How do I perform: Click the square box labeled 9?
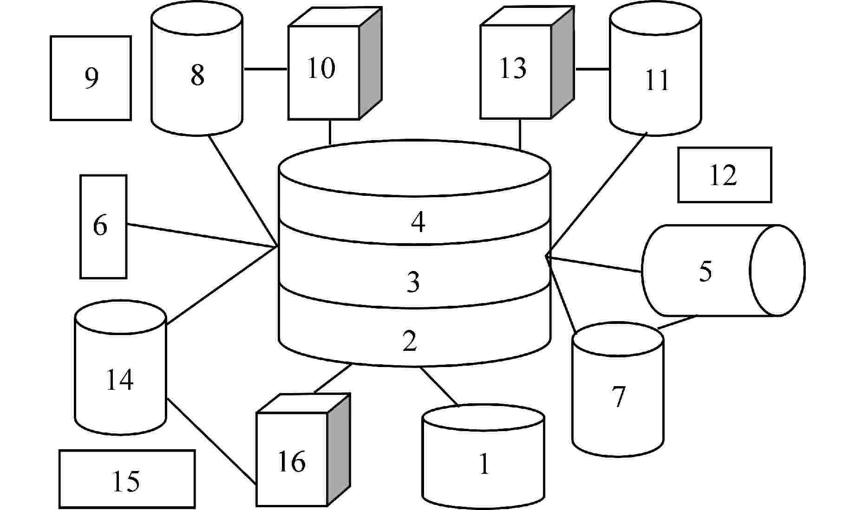point(91,78)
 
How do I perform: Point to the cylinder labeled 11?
point(655,79)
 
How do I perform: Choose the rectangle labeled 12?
point(724,175)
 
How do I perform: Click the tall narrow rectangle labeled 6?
point(103,226)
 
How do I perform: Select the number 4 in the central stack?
point(418,222)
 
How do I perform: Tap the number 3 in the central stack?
point(413,282)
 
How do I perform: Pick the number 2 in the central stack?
point(410,341)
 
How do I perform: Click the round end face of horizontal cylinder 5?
point(777,271)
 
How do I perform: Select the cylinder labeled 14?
point(120,378)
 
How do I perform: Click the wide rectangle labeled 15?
point(126,479)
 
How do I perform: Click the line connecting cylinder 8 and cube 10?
point(265,69)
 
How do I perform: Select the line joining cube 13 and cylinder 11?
point(593,69)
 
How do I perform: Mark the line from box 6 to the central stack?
point(202,235)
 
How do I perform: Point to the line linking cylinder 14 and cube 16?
point(211,441)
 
